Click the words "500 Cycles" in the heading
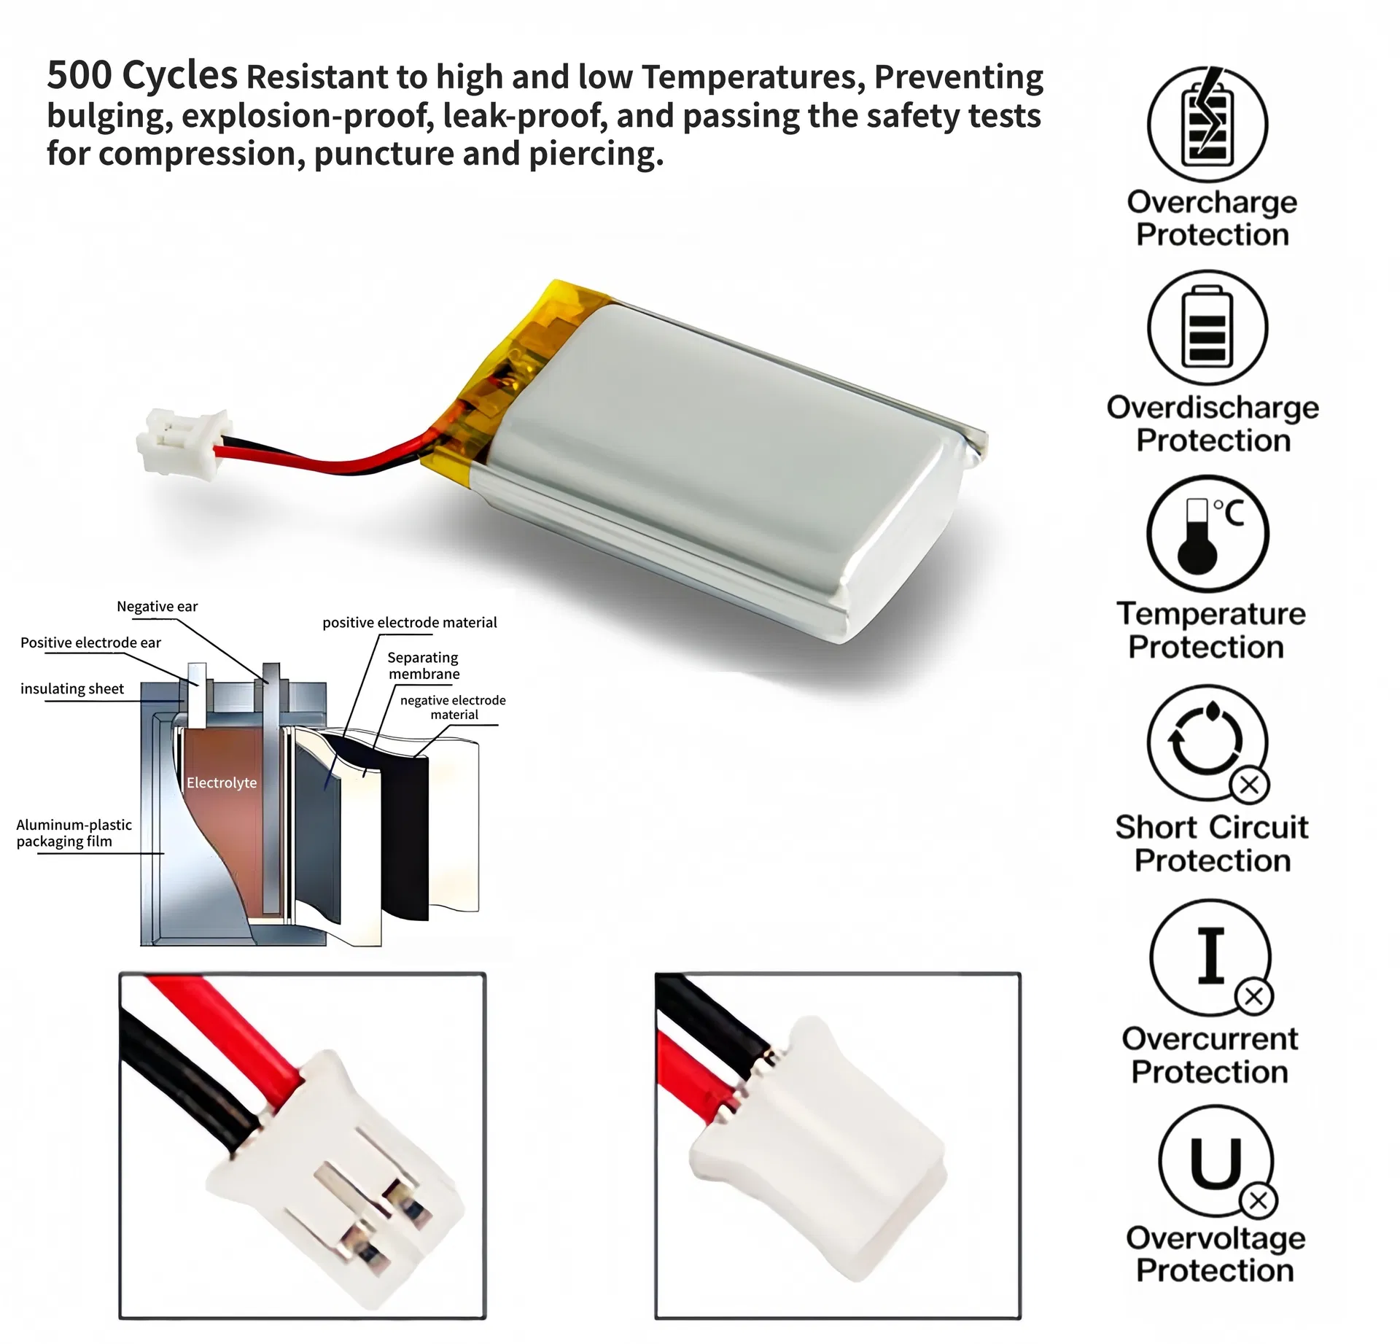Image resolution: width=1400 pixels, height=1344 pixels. [142, 75]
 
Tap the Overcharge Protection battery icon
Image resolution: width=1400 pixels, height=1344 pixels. [1207, 124]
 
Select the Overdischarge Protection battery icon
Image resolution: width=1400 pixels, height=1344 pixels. [1207, 327]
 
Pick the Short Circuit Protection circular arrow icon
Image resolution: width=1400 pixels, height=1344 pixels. [1207, 742]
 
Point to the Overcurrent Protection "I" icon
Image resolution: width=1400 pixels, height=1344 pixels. [1210, 957]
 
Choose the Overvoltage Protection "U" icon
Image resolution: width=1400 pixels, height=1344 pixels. [1216, 1162]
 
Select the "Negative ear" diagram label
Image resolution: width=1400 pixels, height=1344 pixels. [157, 606]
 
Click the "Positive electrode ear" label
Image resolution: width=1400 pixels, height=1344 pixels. [90, 642]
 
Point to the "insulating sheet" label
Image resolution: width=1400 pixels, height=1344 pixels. [72, 688]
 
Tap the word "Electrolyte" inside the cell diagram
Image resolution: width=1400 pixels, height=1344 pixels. [222, 782]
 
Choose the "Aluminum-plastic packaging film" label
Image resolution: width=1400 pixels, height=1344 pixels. [74, 833]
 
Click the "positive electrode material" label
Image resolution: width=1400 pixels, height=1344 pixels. [410, 622]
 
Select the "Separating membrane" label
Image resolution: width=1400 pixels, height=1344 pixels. [424, 665]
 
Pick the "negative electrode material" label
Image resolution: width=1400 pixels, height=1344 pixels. [453, 707]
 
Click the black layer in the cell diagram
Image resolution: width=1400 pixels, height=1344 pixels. [405, 839]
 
